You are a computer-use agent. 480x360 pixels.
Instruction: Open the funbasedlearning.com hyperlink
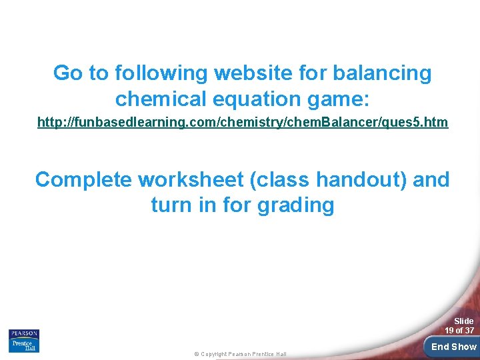coord(243,123)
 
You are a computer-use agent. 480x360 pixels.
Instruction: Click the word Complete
coord(83,179)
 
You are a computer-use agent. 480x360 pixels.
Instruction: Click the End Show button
coord(453,347)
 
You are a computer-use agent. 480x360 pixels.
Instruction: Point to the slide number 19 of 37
coord(459,331)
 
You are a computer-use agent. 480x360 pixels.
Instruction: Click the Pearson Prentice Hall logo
coord(23,340)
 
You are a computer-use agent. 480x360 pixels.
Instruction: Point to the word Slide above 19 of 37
coord(463,321)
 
